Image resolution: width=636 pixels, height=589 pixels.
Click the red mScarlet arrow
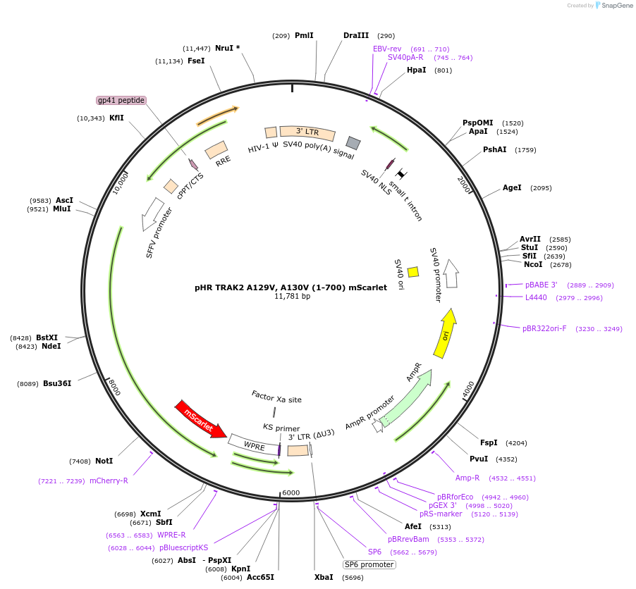click(x=201, y=419)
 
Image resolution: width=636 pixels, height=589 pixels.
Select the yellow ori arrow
click(x=446, y=333)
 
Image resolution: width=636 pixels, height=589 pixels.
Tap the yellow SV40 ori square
click(x=413, y=271)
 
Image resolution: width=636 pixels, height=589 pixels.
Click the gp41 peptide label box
click(x=121, y=100)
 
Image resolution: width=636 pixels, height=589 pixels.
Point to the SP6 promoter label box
click(x=369, y=564)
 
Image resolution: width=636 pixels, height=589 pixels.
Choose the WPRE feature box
click(x=255, y=445)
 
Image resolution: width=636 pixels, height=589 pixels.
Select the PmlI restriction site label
click(x=304, y=35)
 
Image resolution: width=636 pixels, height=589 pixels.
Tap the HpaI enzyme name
click(x=416, y=70)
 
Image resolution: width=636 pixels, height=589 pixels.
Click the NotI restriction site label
click(x=104, y=461)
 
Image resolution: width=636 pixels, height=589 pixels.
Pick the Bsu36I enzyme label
click(x=57, y=383)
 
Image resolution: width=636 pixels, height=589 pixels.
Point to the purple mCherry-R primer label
click(x=109, y=480)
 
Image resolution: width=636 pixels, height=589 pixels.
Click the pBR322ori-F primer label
click(x=544, y=328)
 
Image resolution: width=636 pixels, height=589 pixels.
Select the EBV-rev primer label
click(x=387, y=49)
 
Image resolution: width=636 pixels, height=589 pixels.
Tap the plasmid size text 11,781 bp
click(x=292, y=296)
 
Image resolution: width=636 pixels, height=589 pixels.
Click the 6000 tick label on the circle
click(x=291, y=492)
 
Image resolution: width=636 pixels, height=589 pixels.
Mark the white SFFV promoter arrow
click(x=152, y=213)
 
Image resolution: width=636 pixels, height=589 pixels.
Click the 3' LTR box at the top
click(x=307, y=132)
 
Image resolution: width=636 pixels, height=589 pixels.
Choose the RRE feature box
click(x=216, y=150)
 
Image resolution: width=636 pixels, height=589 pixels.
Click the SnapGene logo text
click(x=616, y=5)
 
